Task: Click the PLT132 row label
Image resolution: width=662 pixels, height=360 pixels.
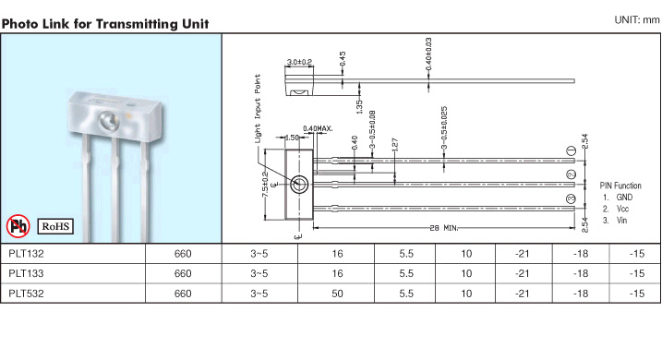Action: [x=26, y=254]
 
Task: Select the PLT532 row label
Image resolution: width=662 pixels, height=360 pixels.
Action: [x=26, y=294]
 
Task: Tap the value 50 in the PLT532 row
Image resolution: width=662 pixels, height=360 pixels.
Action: [x=337, y=294]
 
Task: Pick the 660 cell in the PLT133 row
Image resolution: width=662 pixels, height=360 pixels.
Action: [x=183, y=273]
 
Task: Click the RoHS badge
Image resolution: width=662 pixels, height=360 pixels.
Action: [x=55, y=226]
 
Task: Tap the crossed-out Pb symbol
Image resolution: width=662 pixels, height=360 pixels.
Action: [x=18, y=226]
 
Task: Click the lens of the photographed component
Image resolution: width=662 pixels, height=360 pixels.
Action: [x=109, y=121]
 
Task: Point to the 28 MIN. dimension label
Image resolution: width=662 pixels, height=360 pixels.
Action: [x=444, y=228]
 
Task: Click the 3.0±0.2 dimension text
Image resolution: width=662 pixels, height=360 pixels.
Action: [x=299, y=62]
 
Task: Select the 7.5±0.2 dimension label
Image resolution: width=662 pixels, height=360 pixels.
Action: [x=265, y=185]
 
